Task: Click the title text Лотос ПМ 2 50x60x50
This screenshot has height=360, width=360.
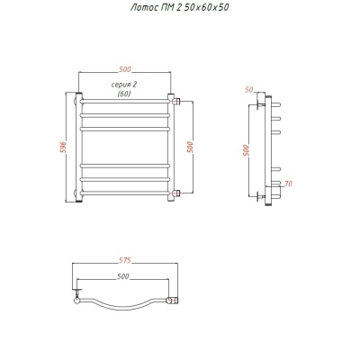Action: [x=179, y=7]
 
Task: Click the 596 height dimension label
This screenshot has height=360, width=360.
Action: [x=64, y=148]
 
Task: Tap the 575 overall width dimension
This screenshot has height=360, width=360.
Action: [x=124, y=260]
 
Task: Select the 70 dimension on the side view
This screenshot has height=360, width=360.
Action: [x=288, y=184]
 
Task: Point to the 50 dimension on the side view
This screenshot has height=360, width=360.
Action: [x=249, y=90]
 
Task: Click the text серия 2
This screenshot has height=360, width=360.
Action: [x=124, y=85]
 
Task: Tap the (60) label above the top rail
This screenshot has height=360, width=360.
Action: [x=124, y=94]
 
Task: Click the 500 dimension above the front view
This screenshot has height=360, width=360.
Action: [x=125, y=69]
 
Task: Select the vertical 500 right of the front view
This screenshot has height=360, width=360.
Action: [x=190, y=147]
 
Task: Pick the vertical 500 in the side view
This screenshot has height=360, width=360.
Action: [x=247, y=150]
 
